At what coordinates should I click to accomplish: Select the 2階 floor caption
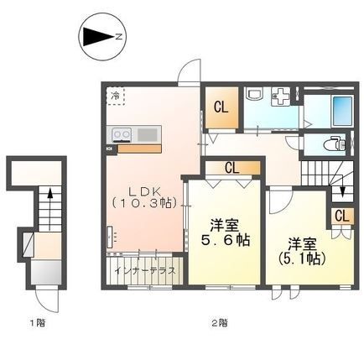pos(220,323)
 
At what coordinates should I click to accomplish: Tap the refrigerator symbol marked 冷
pos(116,96)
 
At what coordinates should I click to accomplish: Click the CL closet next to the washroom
pos(221,108)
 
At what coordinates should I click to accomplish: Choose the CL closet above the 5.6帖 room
pos(231,168)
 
